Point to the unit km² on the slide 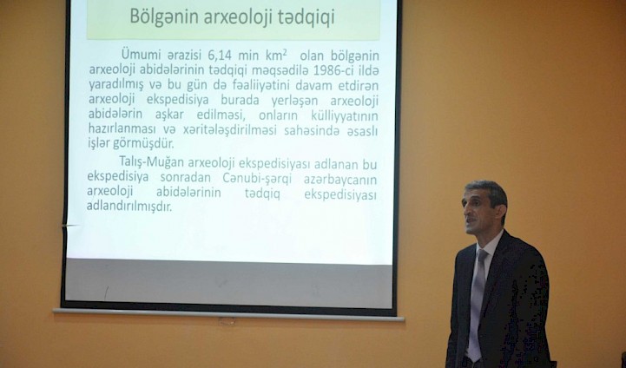pyautogui.click(x=273, y=54)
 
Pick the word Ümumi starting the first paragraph pyautogui.click(x=141, y=54)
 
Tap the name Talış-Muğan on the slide pyautogui.click(x=152, y=162)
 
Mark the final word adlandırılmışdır pyautogui.click(x=129, y=207)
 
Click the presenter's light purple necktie pyautogui.click(x=476, y=305)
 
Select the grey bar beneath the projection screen pyautogui.click(x=228, y=313)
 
